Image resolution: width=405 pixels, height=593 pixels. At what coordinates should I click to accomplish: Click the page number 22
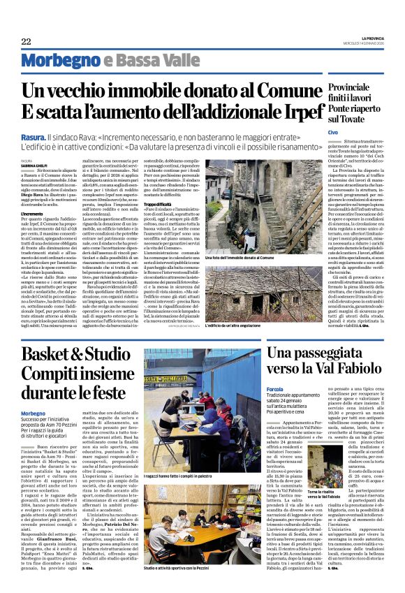point(26,42)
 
